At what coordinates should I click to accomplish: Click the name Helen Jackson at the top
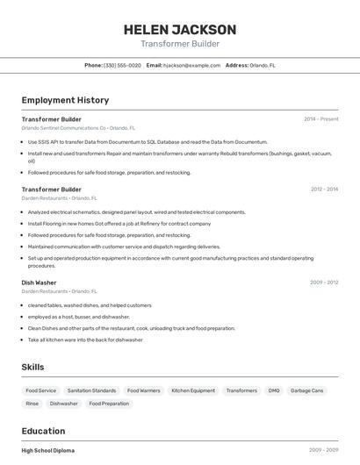(180, 29)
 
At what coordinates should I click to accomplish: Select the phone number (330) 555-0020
(122, 66)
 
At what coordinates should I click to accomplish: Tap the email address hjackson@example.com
(191, 66)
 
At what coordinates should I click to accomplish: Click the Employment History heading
(65, 100)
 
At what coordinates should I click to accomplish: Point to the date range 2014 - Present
(320, 119)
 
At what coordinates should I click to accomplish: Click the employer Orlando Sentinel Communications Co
(63, 128)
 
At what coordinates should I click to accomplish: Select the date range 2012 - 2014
(324, 190)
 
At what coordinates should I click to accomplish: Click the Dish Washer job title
(39, 283)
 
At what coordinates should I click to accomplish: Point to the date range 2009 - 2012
(324, 283)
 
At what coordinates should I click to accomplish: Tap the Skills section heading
(32, 367)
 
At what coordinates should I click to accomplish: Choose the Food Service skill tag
(40, 390)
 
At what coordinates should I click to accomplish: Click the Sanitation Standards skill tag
(91, 390)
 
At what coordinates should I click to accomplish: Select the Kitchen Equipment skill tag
(193, 390)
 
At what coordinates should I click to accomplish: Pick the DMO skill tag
(274, 390)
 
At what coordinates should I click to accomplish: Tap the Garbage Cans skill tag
(307, 390)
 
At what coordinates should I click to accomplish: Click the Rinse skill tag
(32, 404)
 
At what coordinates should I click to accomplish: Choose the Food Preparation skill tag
(109, 404)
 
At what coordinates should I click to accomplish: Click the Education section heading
(43, 431)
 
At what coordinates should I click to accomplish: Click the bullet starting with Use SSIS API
(148, 141)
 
